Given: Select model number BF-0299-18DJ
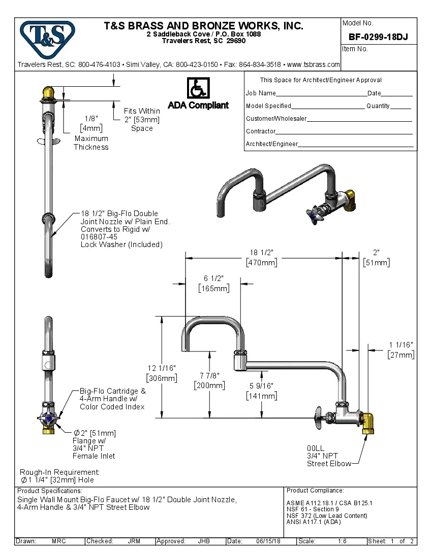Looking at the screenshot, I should [x=378, y=37].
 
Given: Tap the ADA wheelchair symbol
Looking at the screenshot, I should [x=198, y=88].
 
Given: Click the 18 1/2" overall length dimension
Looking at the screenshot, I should [x=262, y=258].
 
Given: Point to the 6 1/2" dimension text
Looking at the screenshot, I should [x=213, y=283].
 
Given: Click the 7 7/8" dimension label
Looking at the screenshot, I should [x=209, y=380].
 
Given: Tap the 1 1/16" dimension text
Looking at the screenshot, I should [x=401, y=350].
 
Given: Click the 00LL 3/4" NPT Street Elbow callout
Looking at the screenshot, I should [x=328, y=456].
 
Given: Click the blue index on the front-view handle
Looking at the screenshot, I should [x=49, y=419].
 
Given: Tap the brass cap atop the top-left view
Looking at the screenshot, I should [x=49, y=93].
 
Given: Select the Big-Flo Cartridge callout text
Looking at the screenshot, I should [x=112, y=399].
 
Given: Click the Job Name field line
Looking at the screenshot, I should [x=321, y=94].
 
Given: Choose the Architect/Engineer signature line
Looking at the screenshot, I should [x=356, y=146].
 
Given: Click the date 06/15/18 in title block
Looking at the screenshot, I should [x=268, y=541].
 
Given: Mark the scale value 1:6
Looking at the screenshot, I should [x=342, y=541].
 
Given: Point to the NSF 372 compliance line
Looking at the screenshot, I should [x=326, y=516].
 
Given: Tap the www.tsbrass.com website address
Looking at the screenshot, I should [x=313, y=65].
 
